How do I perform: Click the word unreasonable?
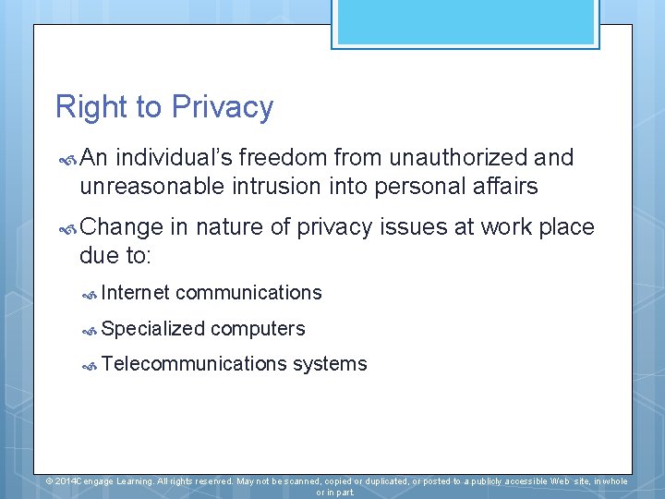click(x=152, y=187)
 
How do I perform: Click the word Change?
click(x=121, y=227)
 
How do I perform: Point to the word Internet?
click(x=136, y=293)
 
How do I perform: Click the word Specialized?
click(x=153, y=329)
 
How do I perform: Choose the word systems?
click(x=330, y=364)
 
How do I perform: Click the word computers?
click(x=258, y=329)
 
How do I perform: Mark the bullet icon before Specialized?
click(x=90, y=330)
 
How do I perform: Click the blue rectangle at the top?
click(x=465, y=22)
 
